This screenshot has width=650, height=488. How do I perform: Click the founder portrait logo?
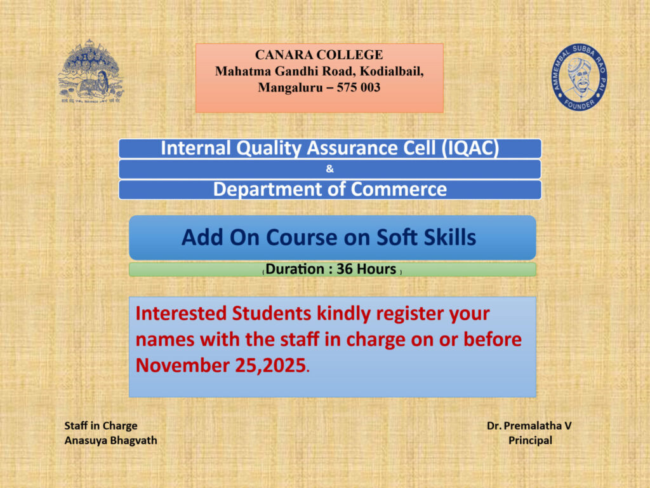(x=579, y=77)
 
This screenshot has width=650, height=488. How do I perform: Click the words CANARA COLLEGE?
(x=319, y=55)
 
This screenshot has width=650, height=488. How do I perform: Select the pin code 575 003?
(x=359, y=87)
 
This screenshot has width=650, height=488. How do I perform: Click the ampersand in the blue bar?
(x=329, y=169)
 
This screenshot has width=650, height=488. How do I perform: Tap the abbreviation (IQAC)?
(x=470, y=148)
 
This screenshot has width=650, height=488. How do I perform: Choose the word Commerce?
(x=399, y=189)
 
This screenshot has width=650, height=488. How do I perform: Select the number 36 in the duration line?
(x=345, y=269)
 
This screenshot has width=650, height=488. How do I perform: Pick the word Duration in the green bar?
(x=295, y=269)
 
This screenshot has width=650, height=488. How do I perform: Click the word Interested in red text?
(x=182, y=313)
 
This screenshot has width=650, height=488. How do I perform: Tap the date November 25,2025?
(x=221, y=365)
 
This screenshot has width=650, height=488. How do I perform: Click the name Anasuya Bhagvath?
(x=110, y=440)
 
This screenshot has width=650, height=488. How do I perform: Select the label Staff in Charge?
(x=101, y=426)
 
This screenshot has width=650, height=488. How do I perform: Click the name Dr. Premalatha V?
(x=529, y=426)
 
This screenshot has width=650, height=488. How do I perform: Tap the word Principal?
(x=530, y=440)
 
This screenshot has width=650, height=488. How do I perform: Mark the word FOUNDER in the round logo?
(x=579, y=104)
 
